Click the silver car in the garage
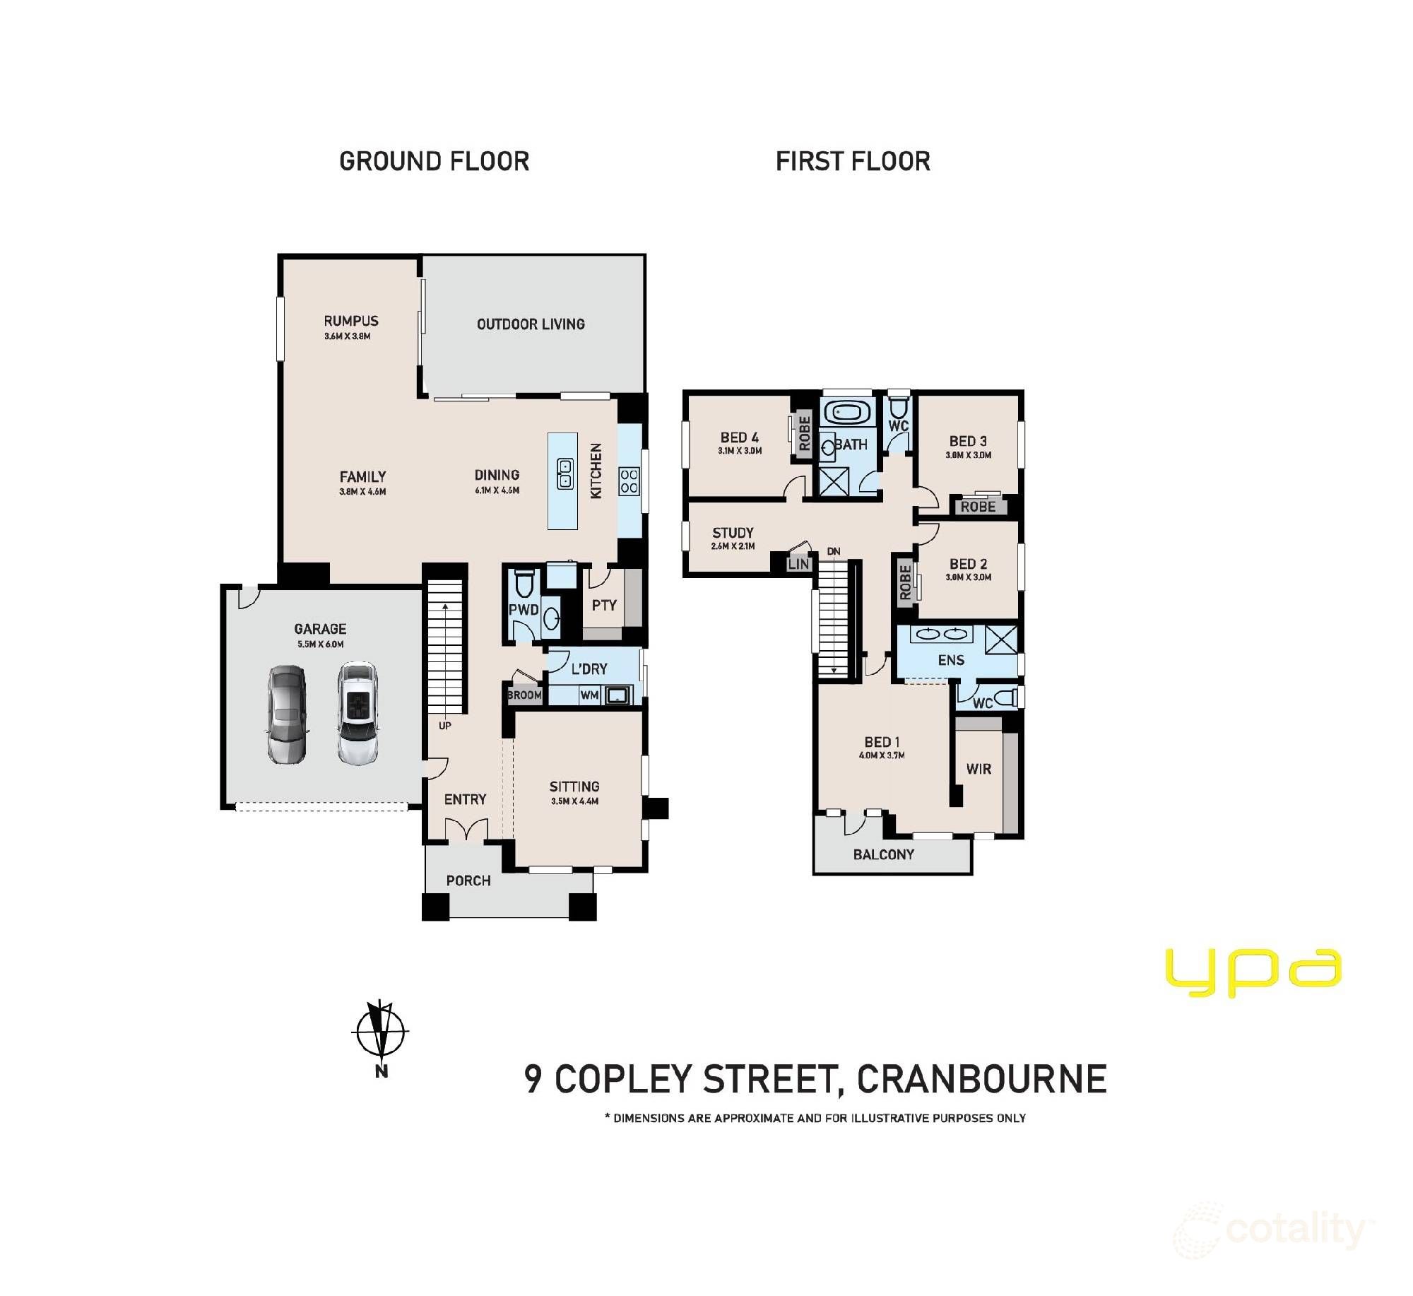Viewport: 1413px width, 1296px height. coord(287,714)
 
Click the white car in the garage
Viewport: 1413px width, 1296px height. coord(357,713)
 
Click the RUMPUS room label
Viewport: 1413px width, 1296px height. coord(351,321)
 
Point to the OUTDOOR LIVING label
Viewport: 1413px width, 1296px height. coord(531,324)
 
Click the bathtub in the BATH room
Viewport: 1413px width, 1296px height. coord(847,411)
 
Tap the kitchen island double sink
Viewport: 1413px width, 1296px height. coord(565,473)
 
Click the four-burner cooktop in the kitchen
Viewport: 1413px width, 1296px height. coord(629,481)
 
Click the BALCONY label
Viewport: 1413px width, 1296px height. coord(883,854)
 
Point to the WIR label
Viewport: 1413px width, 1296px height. coord(979,769)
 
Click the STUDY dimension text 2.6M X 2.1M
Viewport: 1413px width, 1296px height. coord(733,546)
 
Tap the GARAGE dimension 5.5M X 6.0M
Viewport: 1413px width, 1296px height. coord(320,644)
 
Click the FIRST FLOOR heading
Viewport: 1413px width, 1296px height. coord(853,162)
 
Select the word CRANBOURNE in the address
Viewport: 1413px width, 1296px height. coord(981,1079)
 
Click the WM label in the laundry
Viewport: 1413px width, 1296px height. coord(589,695)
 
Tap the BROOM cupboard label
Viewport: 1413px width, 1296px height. coord(524,695)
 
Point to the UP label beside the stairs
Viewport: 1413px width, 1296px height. coord(445,726)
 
